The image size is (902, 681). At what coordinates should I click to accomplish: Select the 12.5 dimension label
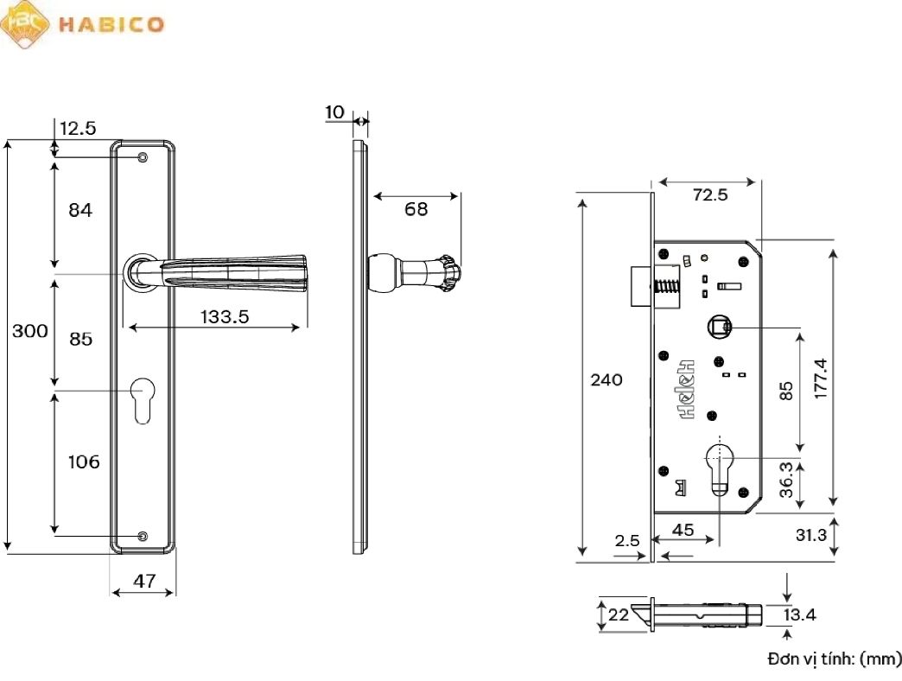point(78,129)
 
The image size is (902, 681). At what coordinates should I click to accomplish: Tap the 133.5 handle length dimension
point(225,317)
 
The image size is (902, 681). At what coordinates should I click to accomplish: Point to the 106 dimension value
point(84,462)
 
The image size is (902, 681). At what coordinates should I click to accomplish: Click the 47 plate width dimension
point(143,581)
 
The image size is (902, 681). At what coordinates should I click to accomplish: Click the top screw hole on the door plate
point(143,157)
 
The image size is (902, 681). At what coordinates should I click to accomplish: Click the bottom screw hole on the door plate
point(143,536)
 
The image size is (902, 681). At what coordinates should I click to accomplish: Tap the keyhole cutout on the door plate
point(143,400)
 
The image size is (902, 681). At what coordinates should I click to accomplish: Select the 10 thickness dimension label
point(335,112)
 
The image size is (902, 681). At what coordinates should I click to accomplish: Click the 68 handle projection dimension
point(416,209)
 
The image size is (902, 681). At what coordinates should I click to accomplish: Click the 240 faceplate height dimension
point(607,380)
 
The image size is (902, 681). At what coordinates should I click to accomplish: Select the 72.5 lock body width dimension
point(710,195)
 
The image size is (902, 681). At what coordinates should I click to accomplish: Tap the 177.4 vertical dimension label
point(821,378)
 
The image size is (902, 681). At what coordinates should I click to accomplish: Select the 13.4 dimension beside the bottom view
point(799,615)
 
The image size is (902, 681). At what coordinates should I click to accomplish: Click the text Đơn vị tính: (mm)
point(834,659)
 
